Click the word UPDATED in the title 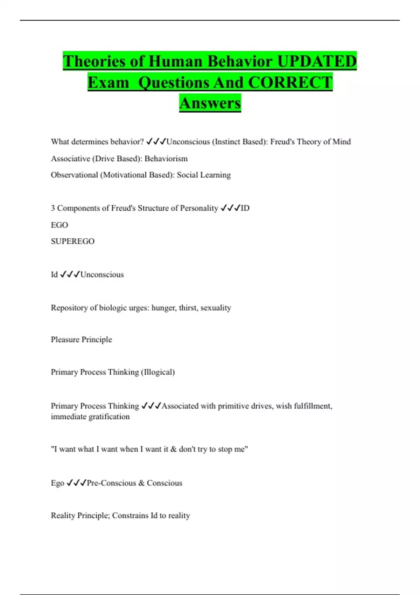(x=317, y=61)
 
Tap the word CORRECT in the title (x=290, y=83)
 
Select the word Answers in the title (x=210, y=103)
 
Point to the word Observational (x=74, y=175)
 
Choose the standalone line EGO (x=59, y=225)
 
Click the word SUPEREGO (x=72, y=241)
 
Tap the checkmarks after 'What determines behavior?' (x=156, y=142)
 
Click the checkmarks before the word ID (x=230, y=208)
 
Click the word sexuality (x=216, y=308)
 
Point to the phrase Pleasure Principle (x=81, y=339)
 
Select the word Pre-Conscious (x=111, y=483)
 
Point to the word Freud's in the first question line (x=282, y=142)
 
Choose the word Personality (x=199, y=208)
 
